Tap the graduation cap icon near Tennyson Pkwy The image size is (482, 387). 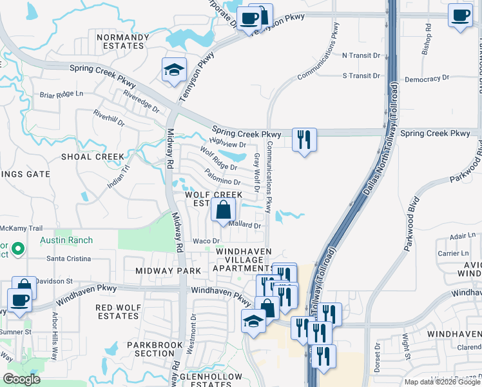(x=172, y=70)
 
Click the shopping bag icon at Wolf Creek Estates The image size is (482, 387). (x=222, y=210)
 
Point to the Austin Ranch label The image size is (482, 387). (x=66, y=241)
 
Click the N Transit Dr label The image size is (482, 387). (x=361, y=55)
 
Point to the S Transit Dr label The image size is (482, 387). (x=361, y=75)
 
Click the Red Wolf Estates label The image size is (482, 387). (x=117, y=312)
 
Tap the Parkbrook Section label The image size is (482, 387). (x=150, y=349)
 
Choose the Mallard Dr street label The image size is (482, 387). (x=244, y=226)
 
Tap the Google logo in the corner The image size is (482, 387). (x=21, y=379)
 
